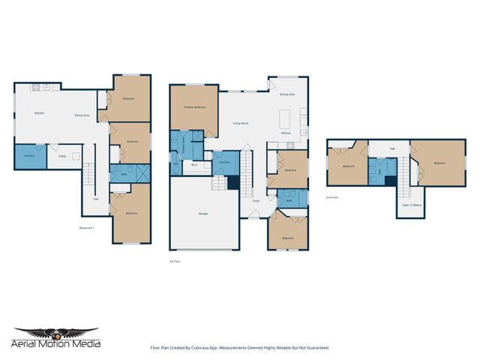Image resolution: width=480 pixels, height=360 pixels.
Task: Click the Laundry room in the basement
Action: click(x=29, y=156)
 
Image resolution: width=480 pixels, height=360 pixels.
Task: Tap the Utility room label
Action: click(x=63, y=156)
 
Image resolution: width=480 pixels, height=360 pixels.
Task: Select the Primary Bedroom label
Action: click(x=194, y=107)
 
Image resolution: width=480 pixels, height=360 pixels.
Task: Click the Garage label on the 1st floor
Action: click(x=203, y=214)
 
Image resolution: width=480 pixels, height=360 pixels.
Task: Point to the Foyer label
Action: click(x=256, y=201)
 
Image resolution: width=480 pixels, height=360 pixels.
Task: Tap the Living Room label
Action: click(x=241, y=123)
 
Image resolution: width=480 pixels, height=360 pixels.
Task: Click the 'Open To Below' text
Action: click(x=411, y=205)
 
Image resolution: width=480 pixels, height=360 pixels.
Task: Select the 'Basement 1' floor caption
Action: click(x=86, y=228)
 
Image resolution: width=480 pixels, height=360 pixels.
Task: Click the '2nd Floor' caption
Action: click(x=332, y=197)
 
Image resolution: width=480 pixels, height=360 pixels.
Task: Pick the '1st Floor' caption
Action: click(x=175, y=261)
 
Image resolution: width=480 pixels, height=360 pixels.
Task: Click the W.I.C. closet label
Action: click(x=194, y=165)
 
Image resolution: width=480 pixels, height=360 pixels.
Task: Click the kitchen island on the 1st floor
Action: click(x=285, y=118)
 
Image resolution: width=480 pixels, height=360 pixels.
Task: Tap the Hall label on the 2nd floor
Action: click(x=392, y=148)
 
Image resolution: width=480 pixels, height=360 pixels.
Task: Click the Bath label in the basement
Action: click(x=124, y=173)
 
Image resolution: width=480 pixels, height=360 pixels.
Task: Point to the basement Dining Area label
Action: click(x=82, y=115)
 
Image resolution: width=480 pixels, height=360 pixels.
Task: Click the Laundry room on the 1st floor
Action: click(x=223, y=162)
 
